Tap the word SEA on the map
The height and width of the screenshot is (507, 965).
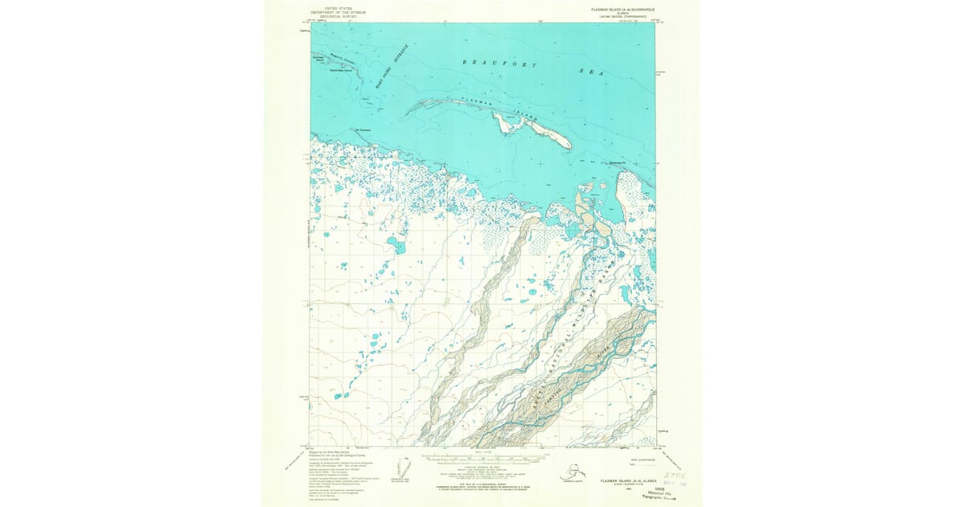pyautogui.click(x=591, y=72)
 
